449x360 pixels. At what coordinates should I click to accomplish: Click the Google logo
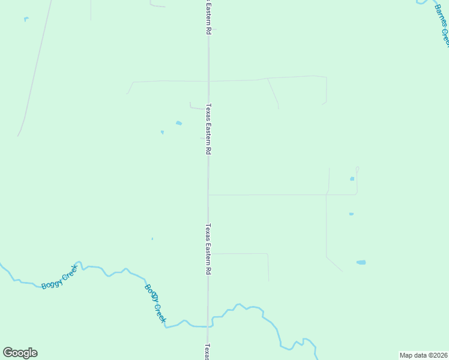[x=20, y=353]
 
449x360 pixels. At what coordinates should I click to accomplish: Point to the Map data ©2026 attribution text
[x=424, y=355]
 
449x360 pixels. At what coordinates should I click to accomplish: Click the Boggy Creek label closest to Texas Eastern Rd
[x=155, y=303]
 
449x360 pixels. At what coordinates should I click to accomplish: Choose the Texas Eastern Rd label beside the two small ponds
[x=209, y=130]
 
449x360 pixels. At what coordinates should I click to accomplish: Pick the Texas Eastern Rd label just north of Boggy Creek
[x=209, y=250]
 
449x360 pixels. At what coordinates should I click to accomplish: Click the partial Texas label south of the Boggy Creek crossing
[x=208, y=352]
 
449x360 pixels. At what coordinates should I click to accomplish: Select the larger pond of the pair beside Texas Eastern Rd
[x=179, y=124]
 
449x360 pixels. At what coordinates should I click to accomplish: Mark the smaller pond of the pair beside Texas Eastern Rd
[x=162, y=132]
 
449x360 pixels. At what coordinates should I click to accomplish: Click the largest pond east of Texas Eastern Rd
[x=361, y=262]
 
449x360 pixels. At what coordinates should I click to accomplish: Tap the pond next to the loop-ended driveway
[x=352, y=179]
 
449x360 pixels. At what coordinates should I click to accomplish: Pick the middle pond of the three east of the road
[x=351, y=214]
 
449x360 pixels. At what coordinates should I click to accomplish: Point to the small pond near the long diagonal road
[x=26, y=19]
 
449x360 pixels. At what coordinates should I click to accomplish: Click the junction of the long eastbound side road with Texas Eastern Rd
[x=208, y=194]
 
